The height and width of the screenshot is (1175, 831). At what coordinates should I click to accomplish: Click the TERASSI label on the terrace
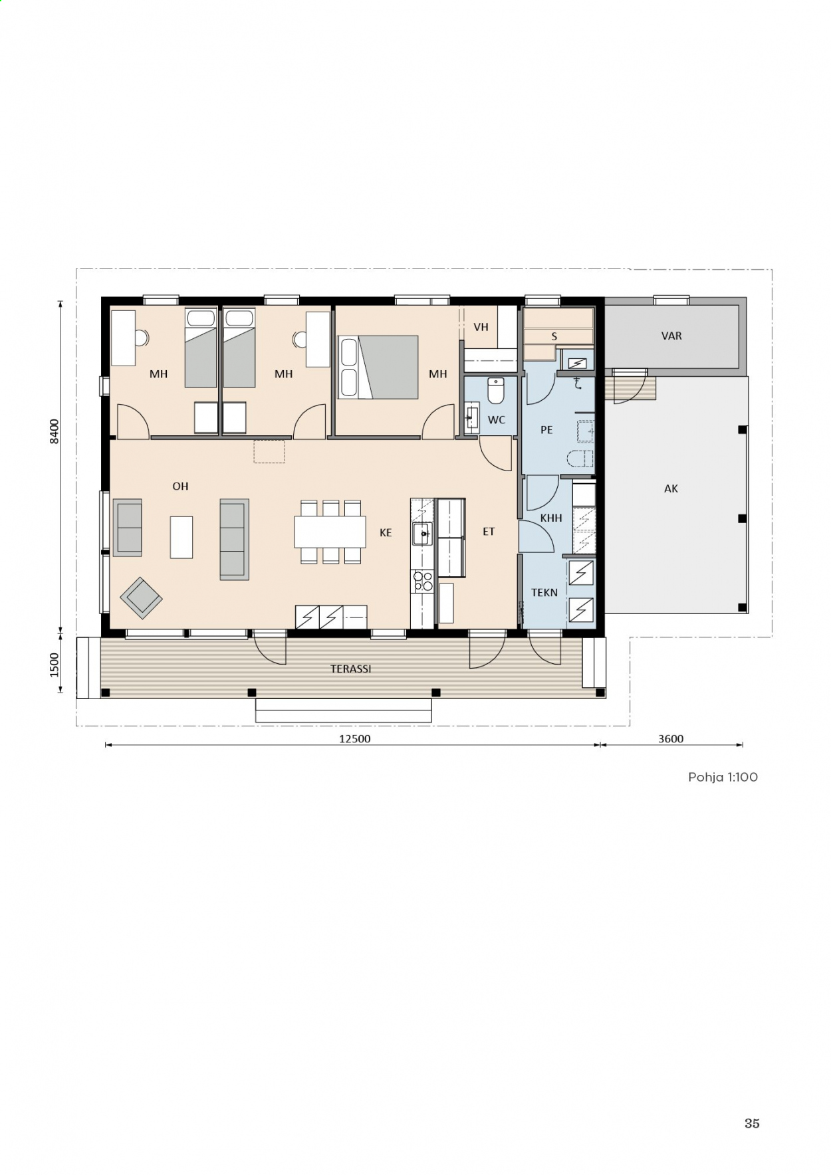pyautogui.click(x=350, y=669)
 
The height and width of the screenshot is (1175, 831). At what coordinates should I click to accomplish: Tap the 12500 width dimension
pyautogui.click(x=354, y=738)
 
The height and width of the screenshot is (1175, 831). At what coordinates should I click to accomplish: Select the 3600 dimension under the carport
pyautogui.click(x=670, y=738)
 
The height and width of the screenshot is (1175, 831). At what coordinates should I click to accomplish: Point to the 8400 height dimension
pyautogui.click(x=55, y=432)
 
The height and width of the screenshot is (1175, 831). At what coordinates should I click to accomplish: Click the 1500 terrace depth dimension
pyautogui.click(x=55, y=665)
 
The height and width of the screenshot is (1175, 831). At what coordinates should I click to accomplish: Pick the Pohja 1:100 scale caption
pyautogui.click(x=723, y=777)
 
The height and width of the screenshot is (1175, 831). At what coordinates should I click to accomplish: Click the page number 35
pyautogui.click(x=752, y=1123)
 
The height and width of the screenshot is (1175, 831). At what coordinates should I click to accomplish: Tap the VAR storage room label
pyautogui.click(x=671, y=336)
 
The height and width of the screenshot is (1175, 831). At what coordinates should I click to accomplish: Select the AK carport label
pyautogui.click(x=671, y=488)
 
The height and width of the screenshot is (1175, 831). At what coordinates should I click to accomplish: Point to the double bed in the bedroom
pyautogui.click(x=379, y=367)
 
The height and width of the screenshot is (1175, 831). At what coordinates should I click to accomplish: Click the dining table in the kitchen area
pyautogui.click(x=330, y=532)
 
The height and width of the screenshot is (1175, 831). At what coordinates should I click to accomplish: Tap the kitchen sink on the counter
pyautogui.click(x=422, y=534)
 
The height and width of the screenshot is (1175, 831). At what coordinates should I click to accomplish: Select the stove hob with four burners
pyautogui.click(x=422, y=582)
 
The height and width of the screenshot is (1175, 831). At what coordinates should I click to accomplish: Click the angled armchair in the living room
pyautogui.click(x=141, y=598)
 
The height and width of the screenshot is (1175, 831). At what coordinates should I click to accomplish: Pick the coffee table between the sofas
pyautogui.click(x=181, y=537)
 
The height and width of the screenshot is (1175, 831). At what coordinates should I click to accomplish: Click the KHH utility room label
pyautogui.click(x=551, y=518)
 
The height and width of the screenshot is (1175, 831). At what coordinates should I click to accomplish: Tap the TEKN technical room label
pyautogui.click(x=544, y=592)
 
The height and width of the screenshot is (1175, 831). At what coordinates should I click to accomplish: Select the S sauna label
pyautogui.click(x=554, y=337)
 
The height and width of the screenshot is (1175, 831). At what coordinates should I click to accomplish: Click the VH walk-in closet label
pyautogui.click(x=481, y=327)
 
